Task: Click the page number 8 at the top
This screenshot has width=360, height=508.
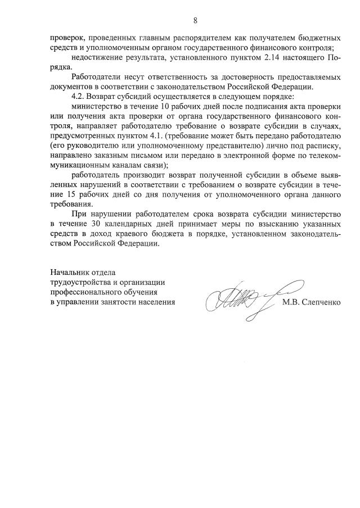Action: (x=195, y=21)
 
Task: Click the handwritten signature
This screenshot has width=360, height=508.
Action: (x=242, y=296)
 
